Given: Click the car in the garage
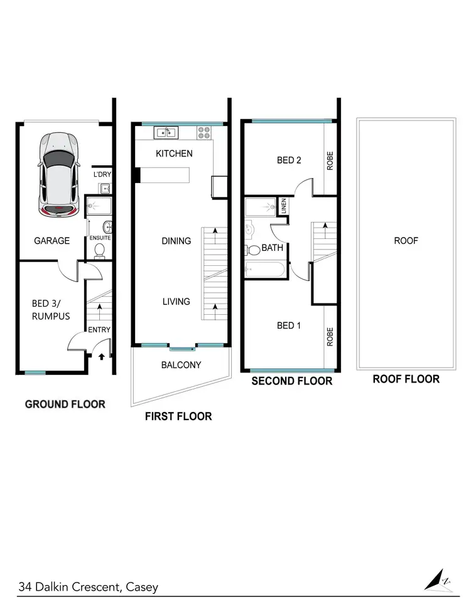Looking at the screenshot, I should tap(59, 174).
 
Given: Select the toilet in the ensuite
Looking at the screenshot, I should tap(99, 250).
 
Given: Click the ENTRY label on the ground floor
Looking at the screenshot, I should tap(99, 330).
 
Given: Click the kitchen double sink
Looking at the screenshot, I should tap(166, 132).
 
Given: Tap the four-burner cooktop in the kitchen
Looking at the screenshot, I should tap(205, 132).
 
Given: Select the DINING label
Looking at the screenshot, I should tap(176, 240).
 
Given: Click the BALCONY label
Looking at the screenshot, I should tap(181, 364).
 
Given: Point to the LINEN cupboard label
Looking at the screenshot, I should tap(283, 206).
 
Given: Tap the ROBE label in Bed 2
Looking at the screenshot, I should tap(330, 161).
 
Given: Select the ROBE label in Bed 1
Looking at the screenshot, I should tap(330, 337).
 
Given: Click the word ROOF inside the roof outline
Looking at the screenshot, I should tap(406, 240).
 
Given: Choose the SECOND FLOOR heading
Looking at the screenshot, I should tap(291, 381).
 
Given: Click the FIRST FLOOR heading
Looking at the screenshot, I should tap(178, 416).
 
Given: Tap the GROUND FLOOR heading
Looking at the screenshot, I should tap(65, 404).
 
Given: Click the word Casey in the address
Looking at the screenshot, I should tap(142, 587).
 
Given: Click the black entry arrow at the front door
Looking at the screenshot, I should tap(103, 358).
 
